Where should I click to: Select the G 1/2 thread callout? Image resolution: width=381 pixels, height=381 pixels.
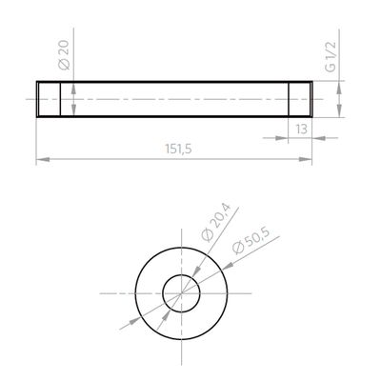[x=331, y=57]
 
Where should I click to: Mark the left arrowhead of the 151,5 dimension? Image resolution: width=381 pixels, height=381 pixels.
[x=41, y=159]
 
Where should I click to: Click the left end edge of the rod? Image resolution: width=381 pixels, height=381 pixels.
[x=36, y=99]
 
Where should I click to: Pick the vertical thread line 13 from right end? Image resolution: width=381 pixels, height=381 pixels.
[x=290, y=99]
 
